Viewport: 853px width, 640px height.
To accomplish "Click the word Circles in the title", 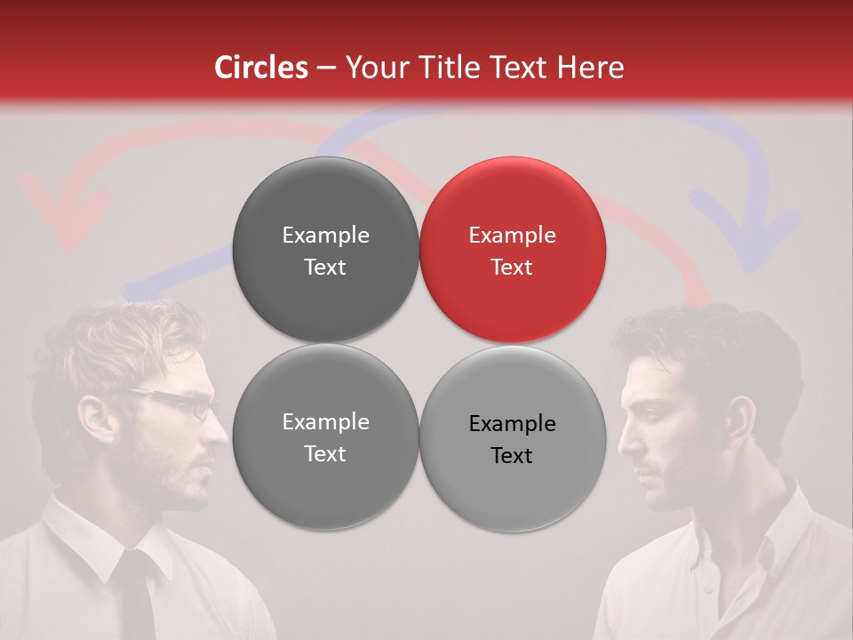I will (x=260, y=68).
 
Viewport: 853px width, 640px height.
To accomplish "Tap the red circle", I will (x=512, y=250).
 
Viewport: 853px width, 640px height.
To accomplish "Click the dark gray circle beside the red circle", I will (x=325, y=250).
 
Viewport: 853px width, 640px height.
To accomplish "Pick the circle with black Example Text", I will (x=512, y=438).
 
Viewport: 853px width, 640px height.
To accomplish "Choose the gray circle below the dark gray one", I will (x=325, y=437).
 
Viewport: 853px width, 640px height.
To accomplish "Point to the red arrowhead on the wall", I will (x=62, y=213).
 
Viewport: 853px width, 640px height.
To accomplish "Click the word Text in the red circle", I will (x=512, y=267).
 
